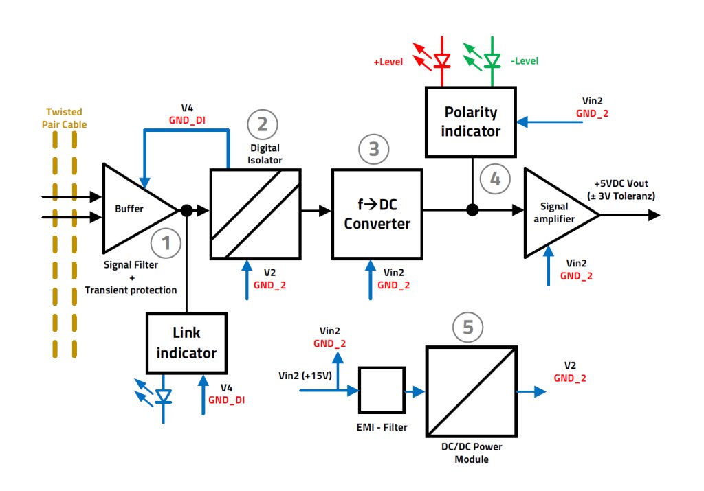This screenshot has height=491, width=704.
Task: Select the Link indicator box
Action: tap(186, 343)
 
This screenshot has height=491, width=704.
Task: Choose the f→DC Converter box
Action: tap(377, 214)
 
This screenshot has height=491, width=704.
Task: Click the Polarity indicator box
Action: tap(470, 121)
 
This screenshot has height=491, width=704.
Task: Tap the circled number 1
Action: tap(166, 242)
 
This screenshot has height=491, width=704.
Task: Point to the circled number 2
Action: tap(262, 124)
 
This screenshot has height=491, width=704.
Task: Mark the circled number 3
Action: tap(374, 148)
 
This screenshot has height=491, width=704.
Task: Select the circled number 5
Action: tap(468, 328)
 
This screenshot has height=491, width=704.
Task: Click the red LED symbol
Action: tap(441, 60)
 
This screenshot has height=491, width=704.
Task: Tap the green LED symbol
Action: tap(491, 60)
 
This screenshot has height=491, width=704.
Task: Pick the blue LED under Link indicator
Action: tap(164, 396)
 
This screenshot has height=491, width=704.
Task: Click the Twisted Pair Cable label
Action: tap(64, 118)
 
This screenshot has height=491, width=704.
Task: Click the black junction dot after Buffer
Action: tap(186, 210)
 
